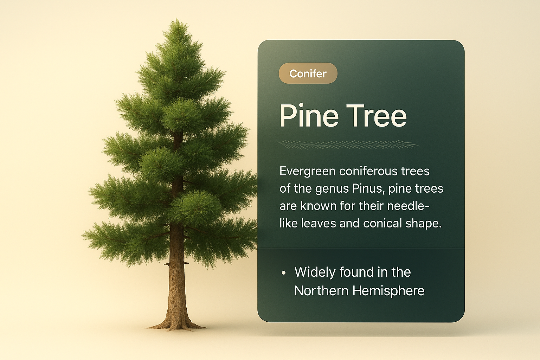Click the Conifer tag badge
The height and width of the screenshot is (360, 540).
(308, 73)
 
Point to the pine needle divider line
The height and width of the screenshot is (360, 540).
(348, 145)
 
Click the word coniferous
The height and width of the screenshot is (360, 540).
(369, 172)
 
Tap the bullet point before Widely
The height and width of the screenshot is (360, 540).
(283, 273)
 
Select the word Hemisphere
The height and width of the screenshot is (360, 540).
(388, 291)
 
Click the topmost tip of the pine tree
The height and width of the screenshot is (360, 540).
(177, 19)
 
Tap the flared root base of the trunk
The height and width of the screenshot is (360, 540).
(177, 324)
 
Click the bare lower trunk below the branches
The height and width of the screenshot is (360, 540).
(177, 289)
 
